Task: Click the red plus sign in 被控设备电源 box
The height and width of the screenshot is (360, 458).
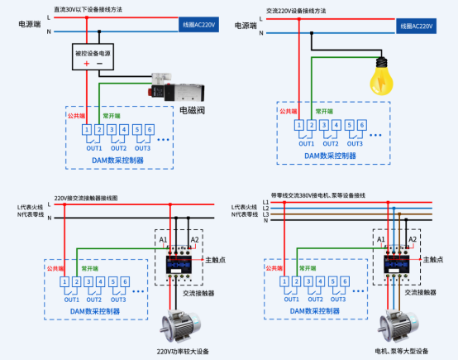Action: coord(85,64)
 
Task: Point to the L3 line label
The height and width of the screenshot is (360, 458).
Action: coord(266,214)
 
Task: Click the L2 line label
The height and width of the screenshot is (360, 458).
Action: coord(266,208)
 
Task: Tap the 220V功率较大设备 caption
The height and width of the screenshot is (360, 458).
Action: coord(180,352)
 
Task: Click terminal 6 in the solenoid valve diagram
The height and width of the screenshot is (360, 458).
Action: coord(149,129)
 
